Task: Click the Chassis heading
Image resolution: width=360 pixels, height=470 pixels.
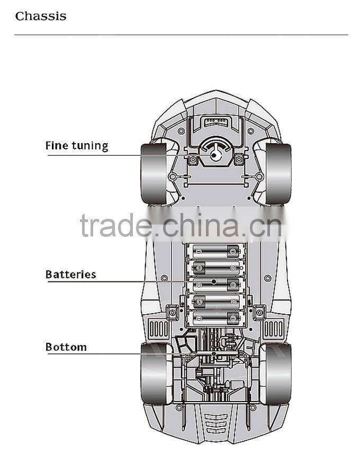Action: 41,16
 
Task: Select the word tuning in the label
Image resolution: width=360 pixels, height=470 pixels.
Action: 90,146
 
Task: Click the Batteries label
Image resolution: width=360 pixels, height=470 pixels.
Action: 71,274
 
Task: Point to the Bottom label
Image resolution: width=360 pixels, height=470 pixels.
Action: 66,347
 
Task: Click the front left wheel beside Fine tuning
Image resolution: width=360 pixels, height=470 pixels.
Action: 154,174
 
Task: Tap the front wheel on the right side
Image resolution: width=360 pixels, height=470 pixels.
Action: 278,174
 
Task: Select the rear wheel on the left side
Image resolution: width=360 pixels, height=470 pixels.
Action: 154,374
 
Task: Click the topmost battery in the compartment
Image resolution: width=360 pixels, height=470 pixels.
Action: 216,252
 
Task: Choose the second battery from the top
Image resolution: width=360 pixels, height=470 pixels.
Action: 216,268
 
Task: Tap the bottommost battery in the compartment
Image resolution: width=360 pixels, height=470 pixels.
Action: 216,318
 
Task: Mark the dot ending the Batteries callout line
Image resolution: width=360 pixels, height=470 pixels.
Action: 213,282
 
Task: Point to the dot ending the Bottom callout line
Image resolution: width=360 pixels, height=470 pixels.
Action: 213,354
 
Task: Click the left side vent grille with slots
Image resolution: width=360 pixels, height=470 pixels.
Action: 158,329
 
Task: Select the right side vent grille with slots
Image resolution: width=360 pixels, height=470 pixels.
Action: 273,329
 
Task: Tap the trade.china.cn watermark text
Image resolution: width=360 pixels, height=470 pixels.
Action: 181,225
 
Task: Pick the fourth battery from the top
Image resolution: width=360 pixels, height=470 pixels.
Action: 216,301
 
